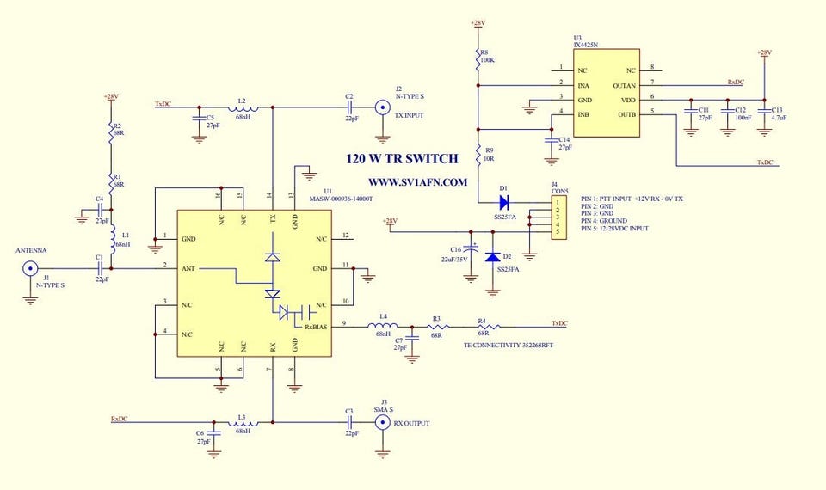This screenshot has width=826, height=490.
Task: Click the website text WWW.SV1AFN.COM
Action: click(417, 182)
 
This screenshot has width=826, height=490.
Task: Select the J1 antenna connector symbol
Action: click(29, 269)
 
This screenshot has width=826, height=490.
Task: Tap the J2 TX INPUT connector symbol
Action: click(383, 107)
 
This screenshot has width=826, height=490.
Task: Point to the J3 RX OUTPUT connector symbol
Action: click(381, 423)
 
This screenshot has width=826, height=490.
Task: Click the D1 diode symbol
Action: click(503, 203)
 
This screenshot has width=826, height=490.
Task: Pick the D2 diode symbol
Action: click(492, 256)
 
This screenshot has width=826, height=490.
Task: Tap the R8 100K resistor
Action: click(478, 58)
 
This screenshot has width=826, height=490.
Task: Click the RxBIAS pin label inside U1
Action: click(315, 327)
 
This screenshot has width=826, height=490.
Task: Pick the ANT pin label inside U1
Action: click(188, 269)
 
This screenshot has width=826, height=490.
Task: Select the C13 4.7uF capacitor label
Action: click(777, 113)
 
